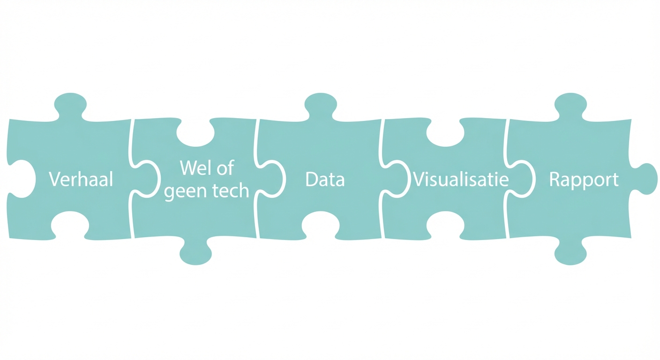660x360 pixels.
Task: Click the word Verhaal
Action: [x=81, y=180]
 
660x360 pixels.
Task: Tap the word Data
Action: [x=325, y=180]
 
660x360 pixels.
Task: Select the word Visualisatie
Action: [x=460, y=180]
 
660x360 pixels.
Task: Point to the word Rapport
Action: [x=584, y=180]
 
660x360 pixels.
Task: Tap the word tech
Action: [x=231, y=191]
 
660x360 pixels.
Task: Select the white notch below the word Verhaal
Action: [x=70, y=222]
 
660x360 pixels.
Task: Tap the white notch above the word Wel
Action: [x=195, y=133]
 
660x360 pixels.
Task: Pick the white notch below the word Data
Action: [x=321, y=222]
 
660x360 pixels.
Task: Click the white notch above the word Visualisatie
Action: [x=445, y=133]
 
